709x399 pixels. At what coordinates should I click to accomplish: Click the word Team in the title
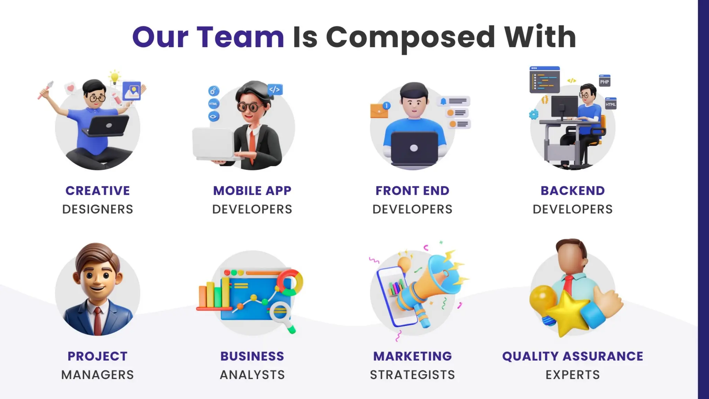240,37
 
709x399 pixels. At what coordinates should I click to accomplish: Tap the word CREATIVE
98,190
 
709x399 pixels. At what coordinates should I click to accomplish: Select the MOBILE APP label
252,190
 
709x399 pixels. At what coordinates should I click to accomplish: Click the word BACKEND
573,190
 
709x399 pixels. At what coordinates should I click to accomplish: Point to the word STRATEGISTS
412,375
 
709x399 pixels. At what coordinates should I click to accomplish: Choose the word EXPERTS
573,375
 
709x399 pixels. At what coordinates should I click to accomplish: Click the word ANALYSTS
252,375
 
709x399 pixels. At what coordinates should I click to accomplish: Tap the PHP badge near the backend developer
604,81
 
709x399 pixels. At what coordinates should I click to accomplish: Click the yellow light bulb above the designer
114,77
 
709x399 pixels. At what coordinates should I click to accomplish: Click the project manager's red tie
98,320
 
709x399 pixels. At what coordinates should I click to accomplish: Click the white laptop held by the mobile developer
213,144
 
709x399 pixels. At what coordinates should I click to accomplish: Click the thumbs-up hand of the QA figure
608,301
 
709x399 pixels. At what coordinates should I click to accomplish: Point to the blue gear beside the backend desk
534,114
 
